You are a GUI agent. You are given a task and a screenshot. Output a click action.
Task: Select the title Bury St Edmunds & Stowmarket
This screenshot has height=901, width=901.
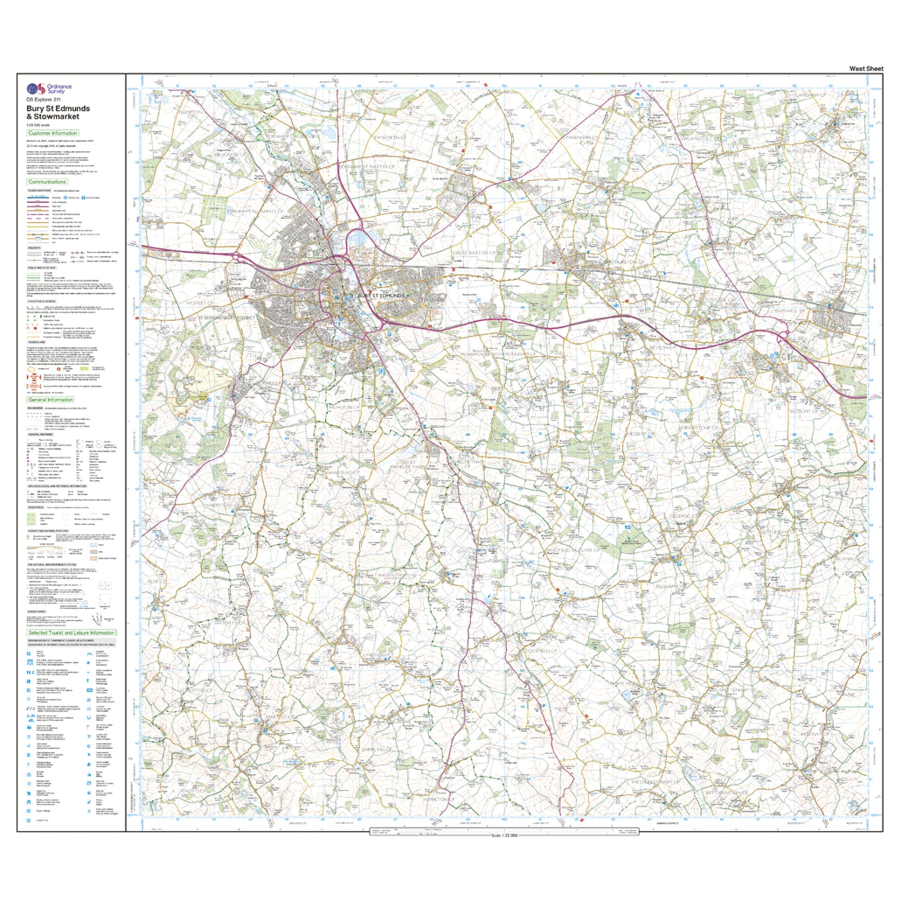58,112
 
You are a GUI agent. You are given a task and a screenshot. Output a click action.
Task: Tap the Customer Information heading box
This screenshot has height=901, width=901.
53,133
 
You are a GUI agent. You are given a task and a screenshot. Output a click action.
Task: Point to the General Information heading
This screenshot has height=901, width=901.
50,400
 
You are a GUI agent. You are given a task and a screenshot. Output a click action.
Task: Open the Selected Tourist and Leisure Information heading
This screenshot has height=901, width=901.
71,633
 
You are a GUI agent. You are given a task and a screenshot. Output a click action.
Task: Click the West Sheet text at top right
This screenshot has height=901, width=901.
866,68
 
